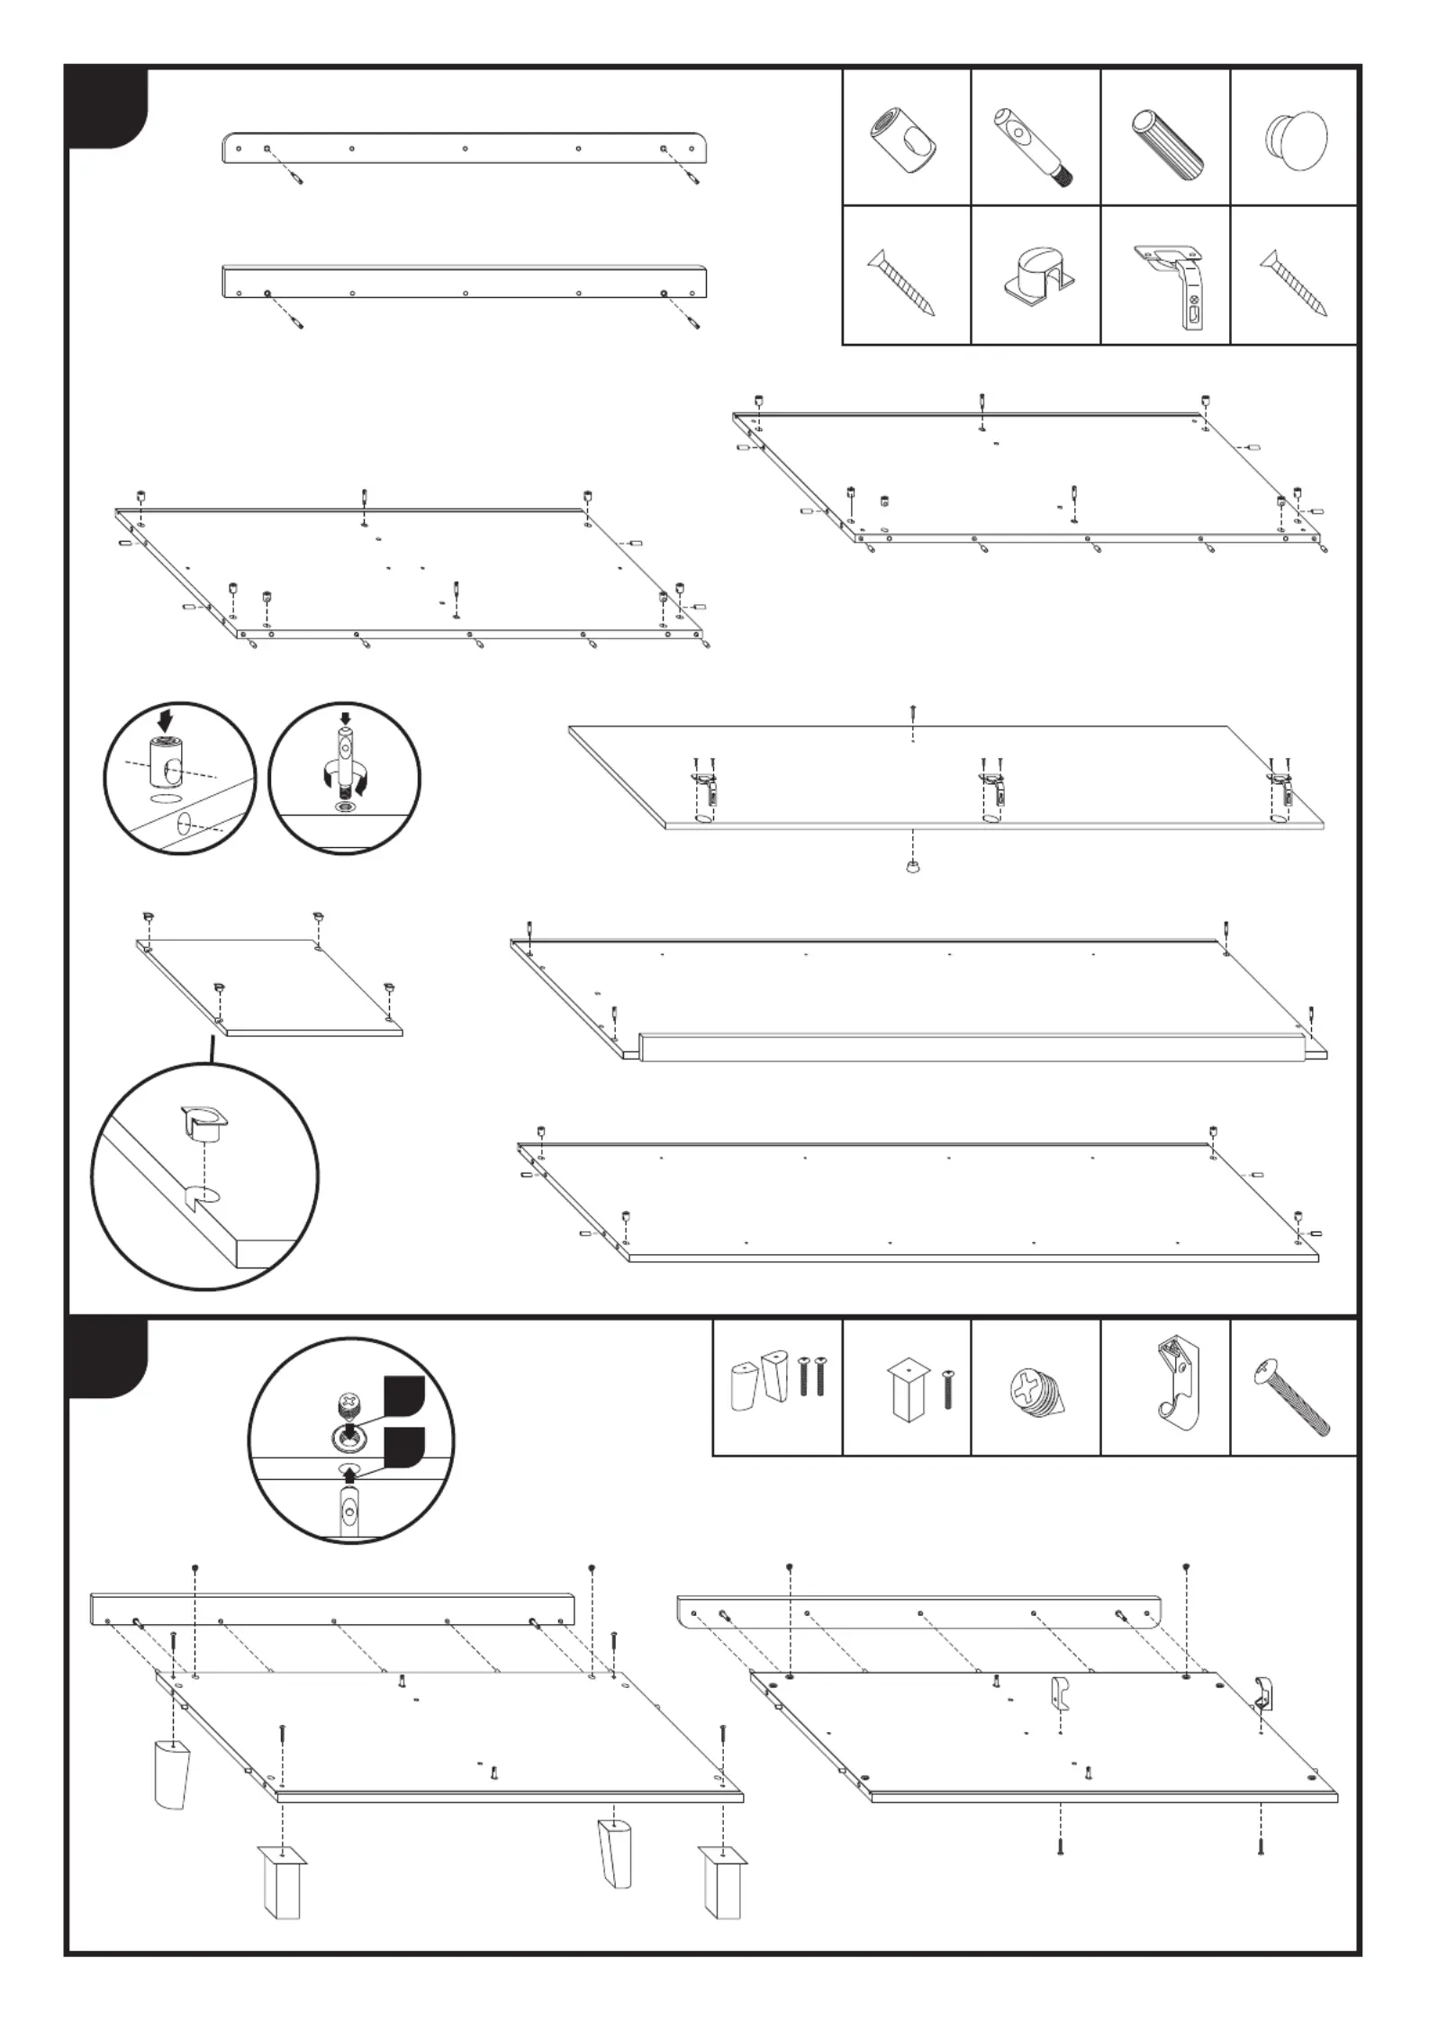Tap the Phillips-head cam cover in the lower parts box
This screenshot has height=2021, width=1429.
(1034, 1392)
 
